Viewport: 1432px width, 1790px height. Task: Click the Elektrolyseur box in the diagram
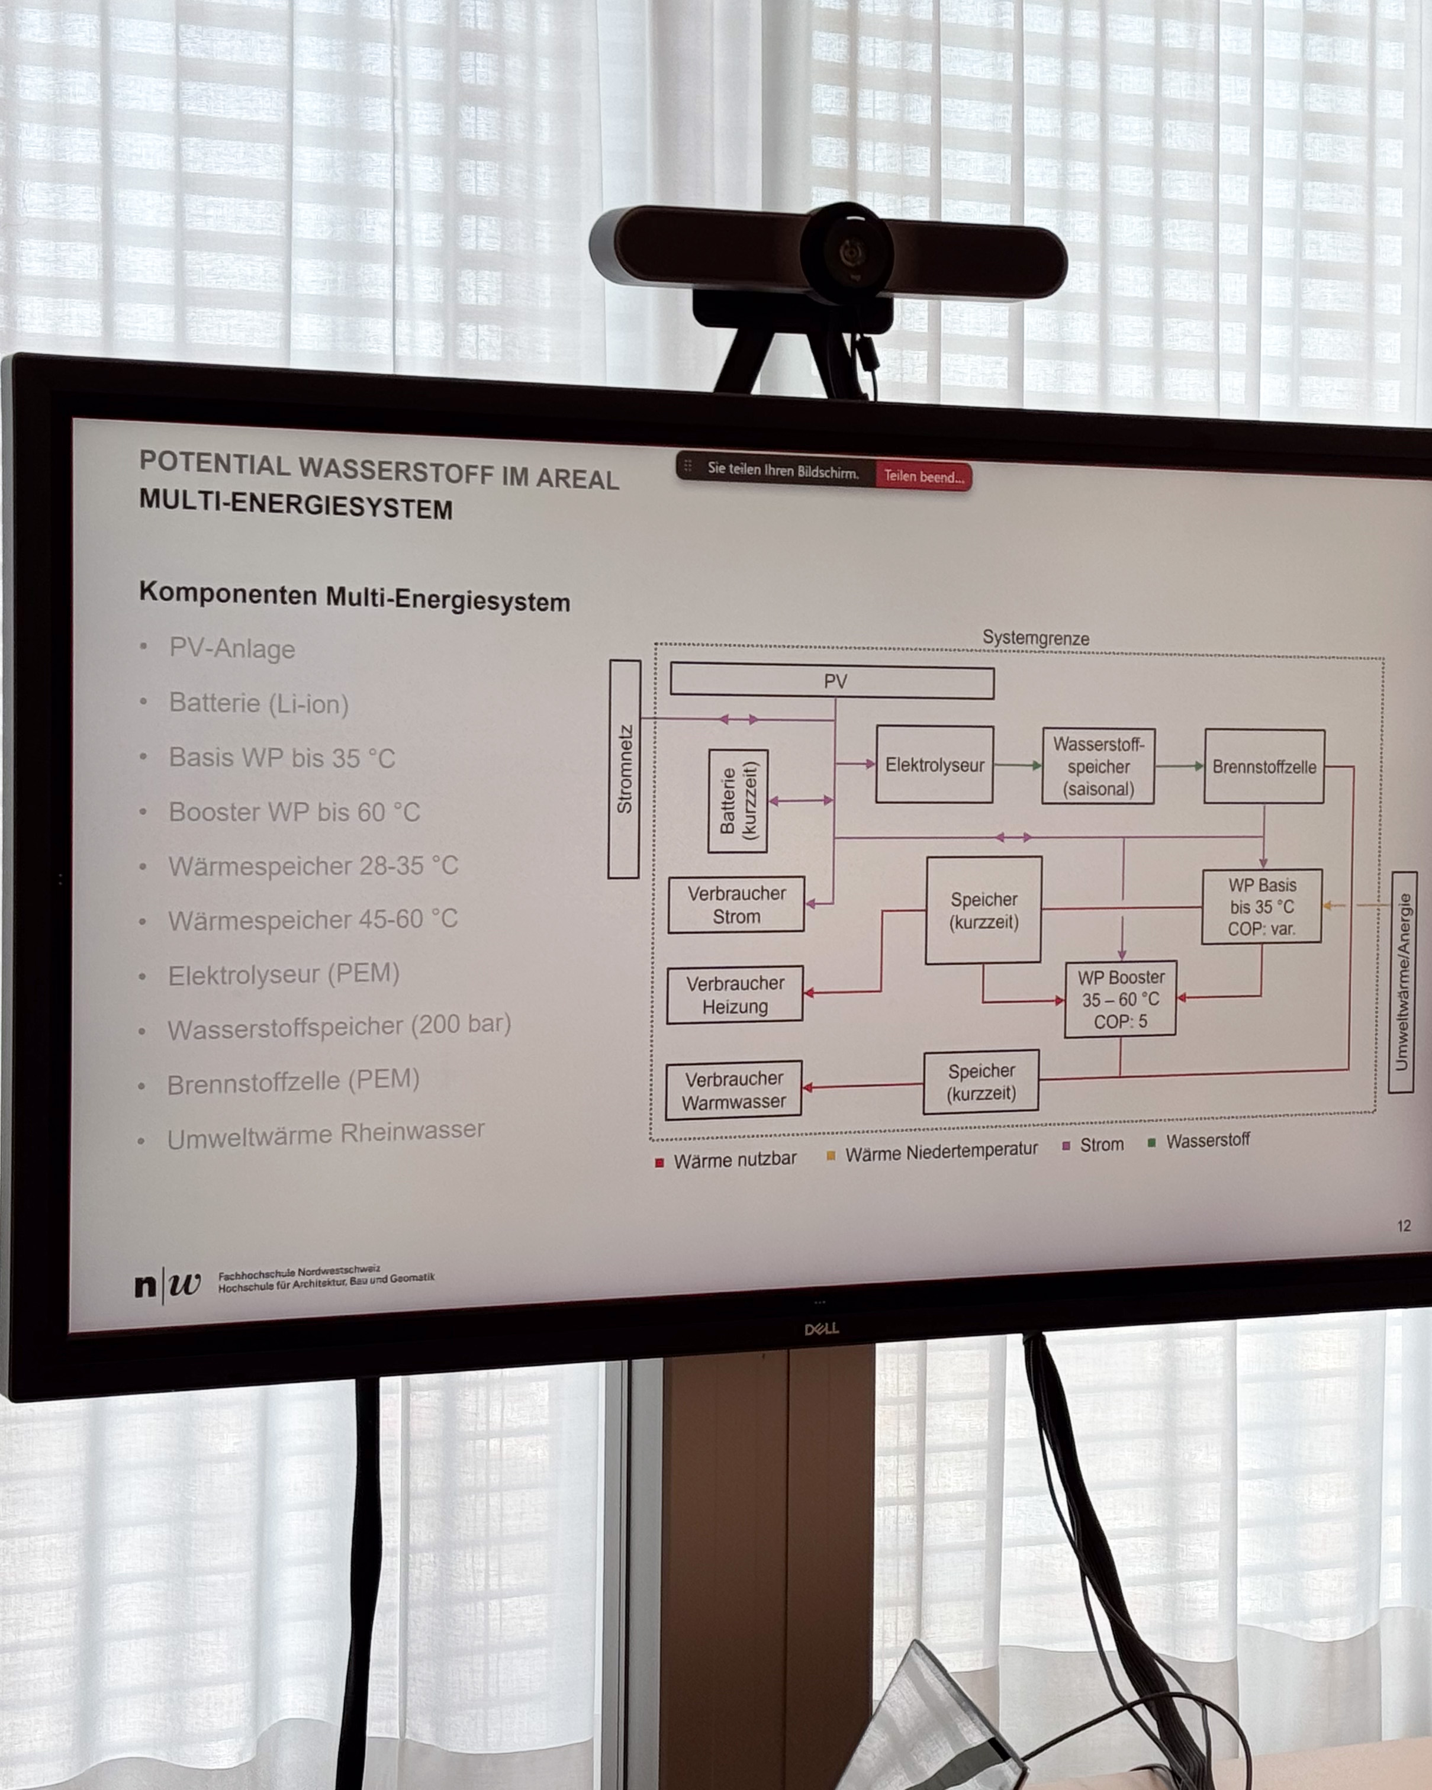[x=934, y=764]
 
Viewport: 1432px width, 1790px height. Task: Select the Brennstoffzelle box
[x=1263, y=767]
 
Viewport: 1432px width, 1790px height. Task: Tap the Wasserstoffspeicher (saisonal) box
[x=1098, y=765]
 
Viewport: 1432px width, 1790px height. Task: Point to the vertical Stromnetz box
[x=625, y=769]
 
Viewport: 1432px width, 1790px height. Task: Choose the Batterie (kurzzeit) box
[x=737, y=801]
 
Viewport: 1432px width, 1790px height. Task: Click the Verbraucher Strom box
[x=735, y=904]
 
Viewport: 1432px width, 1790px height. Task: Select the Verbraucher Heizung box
[x=735, y=994]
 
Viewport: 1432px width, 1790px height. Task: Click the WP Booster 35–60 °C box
[x=1120, y=999]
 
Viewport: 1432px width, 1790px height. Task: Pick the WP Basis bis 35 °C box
[x=1261, y=907]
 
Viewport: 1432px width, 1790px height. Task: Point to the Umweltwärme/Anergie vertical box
[x=1402, y=981]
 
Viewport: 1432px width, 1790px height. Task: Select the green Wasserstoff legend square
[x=1151, y=1143]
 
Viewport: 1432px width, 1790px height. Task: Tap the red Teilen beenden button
[x=923, y=477]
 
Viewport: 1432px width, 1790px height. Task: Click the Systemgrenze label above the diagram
[x=1035, y=638]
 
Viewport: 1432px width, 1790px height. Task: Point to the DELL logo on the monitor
[x=821, y=1328]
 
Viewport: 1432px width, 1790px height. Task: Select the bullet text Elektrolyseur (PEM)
[x=284, y=974]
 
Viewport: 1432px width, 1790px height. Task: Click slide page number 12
[x=1404, y=1225]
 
